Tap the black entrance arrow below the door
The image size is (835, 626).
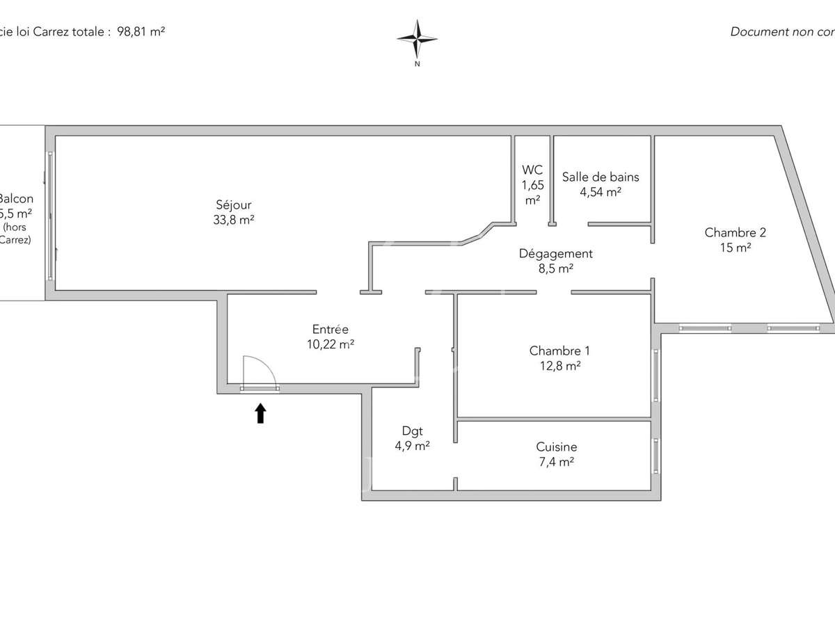(260, 414)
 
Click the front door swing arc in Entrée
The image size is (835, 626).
(260, 369)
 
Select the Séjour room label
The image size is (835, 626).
(233, 205)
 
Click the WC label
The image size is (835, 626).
(532, 170)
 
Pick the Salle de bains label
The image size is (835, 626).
(601, 177)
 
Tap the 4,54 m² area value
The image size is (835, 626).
(601, 192)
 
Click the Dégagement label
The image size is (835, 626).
(555, 254)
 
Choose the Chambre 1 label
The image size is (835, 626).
(555, 351)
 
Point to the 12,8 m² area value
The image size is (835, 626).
(555, 366)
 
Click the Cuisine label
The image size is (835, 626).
(556, 447)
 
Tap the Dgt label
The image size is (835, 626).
(412, 431)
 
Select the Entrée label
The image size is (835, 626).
(330, 330)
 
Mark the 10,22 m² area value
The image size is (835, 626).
(330, 344)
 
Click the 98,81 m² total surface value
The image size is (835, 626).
(142, 31)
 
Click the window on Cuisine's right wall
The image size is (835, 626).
(655, 455)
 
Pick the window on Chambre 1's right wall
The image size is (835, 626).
(655, 375)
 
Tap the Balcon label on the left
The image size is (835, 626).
(16, 199)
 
